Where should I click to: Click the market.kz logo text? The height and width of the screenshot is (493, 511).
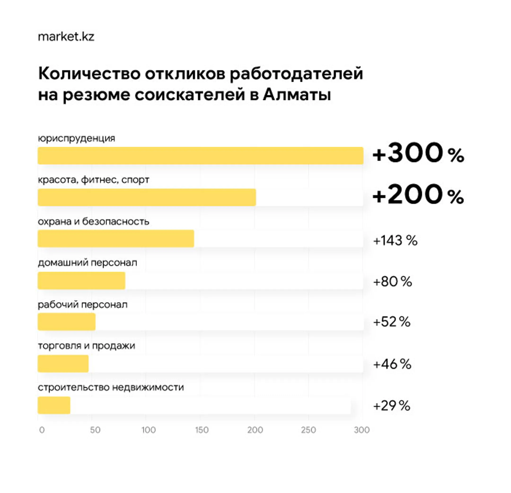[66, 37]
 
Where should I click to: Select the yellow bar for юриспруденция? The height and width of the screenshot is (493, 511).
[200, 156]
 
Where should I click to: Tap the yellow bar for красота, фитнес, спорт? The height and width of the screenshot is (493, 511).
[146, 197]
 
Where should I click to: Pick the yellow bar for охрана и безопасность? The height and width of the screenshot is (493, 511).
[116, 238]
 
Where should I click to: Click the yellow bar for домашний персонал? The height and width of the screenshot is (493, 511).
[81, 280]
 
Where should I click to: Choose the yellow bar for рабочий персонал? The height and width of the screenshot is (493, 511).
[66, 322]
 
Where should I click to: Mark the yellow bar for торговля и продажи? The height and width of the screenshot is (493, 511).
[63, 363]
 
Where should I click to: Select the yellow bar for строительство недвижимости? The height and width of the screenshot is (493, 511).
[54, 405]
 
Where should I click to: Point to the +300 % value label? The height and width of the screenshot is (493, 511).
[418, 153]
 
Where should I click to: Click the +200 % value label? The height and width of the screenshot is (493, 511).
[418, 195]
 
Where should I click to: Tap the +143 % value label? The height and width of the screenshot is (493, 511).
[395, 240]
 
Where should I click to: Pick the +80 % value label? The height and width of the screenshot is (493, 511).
[393, 282]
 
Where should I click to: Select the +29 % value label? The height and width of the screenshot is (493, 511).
[392, 406]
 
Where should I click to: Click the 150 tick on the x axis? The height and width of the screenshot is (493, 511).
[202, 430]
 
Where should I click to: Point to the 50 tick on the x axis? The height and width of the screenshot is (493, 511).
[95, 430]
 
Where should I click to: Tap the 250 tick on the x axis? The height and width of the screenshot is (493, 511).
[308, 430]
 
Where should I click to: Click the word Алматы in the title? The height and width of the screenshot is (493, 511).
[297, 95]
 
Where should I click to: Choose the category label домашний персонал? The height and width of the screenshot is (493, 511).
[87, 262]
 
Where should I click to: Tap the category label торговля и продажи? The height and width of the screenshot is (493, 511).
[87, 346]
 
